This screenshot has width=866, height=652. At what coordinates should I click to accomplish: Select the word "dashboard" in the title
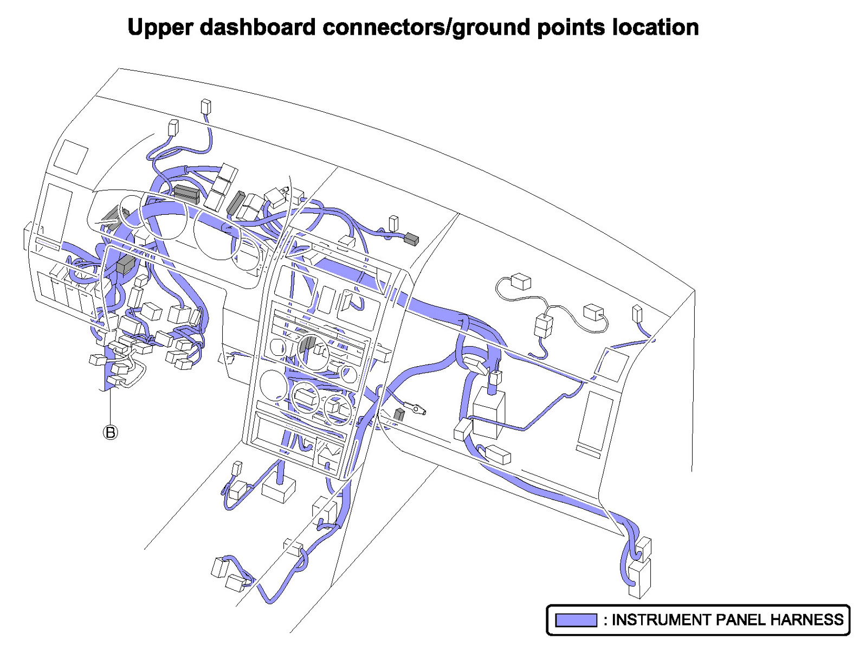click(x=257, y=27)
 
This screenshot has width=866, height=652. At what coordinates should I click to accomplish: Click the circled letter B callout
click(x=110, y=432)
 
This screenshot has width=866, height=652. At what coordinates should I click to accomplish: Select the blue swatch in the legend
click(x=576, y=620)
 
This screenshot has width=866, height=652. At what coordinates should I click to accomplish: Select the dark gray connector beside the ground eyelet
click(x=399, y=415)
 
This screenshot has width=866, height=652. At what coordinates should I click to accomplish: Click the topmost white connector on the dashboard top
click(x=205, y=106)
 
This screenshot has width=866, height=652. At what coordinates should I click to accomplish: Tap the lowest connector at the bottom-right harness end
click(x=640, y=579)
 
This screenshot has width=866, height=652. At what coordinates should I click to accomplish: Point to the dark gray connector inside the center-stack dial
click(x=307, y=344)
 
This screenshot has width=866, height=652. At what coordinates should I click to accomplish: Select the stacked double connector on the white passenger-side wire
click(x=544, y=325)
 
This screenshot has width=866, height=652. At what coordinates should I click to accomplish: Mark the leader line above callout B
click(x=110, y=404)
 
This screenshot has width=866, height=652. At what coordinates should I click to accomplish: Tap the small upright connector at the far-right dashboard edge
click(x=637, y=313)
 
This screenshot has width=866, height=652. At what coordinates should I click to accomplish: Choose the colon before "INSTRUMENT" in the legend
click(x=605, y=620)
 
